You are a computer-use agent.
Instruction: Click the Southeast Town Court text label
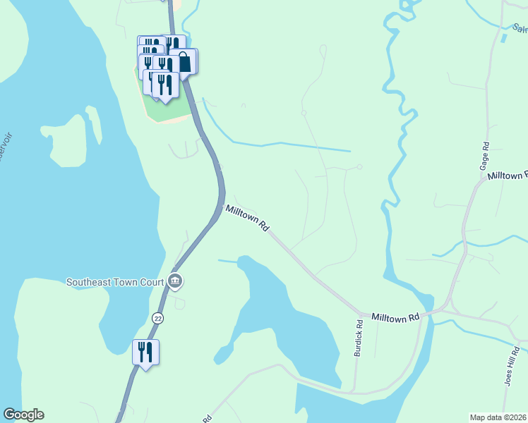pyautogui.click(x=115, y=282)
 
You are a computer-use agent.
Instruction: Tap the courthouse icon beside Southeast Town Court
pyautogui.click(x=175, y=282)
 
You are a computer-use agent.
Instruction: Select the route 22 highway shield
pyautogui.click(x=157, y=319)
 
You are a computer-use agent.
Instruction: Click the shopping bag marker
pyautogui.click(x=184, y=61)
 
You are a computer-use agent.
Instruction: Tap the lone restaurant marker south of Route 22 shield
pyautogui.click(x=145, y=352)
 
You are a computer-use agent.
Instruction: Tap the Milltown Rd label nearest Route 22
pyautogui.click(x=247, y=219)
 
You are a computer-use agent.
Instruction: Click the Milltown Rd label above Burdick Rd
pyautogui.click(x=395, y=319)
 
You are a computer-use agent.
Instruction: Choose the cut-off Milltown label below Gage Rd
pyautogui.click(x=507, y=175)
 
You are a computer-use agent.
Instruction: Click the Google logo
pyautogui.click(x=23, y=415)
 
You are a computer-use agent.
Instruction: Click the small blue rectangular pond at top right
pyautogui.click(x=503, y=37)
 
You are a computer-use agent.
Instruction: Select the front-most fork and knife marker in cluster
pyautogui.click(x=165, y=85)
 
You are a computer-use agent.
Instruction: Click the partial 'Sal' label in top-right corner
pyautogui.click(x=520, y=29)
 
